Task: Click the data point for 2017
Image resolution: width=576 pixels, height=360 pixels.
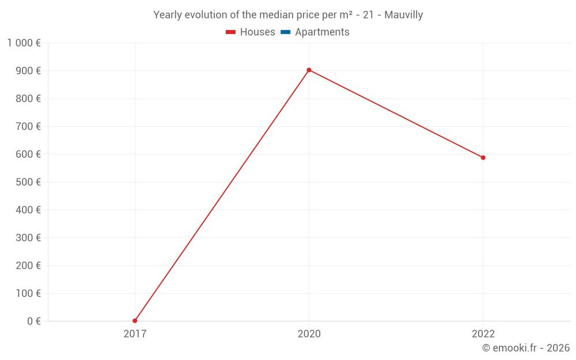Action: click(135, 321)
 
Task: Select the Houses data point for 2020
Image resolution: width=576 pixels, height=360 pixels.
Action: click(309, 70)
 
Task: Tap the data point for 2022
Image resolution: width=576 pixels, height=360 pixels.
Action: click(483, 157)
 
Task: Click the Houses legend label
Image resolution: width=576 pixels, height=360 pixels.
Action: click(257, 32)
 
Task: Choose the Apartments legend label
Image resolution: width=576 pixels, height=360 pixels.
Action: click(322, 32)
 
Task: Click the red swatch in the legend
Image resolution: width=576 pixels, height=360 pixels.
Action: click(231, 32)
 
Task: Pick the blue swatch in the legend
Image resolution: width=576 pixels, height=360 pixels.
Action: click(286, 32)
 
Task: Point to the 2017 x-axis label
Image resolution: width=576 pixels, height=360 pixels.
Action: click(135, 334)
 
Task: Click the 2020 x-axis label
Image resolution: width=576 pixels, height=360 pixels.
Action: click(309, 334)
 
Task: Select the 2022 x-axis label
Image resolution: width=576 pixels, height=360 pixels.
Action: click(483, 334)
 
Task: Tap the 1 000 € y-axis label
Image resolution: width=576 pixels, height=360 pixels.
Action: click(24, 43)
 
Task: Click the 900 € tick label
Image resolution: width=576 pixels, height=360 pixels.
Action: click(28, 71)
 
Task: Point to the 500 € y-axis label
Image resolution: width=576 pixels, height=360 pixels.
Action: click(28, 182)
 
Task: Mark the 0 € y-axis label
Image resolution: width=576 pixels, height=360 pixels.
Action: click(34, 321)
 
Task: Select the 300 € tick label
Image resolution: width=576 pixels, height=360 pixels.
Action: click(28, 237)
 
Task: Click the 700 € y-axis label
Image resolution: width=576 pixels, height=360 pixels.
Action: click(28, 126)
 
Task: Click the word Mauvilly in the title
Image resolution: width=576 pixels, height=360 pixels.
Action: click(404, 15)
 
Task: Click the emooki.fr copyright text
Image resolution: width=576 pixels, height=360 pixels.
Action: click(526, 348)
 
